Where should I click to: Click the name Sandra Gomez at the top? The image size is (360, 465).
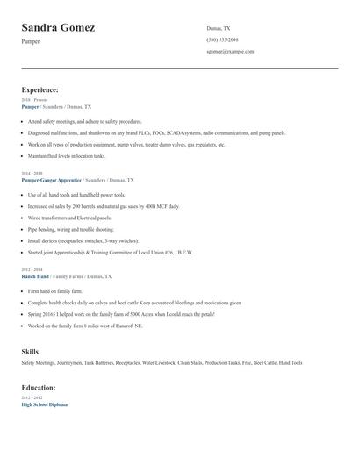[58, 27]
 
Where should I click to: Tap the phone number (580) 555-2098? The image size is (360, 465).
[222, 40]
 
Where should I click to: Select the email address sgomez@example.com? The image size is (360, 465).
[230, 52]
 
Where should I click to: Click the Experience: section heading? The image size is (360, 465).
[40, 89]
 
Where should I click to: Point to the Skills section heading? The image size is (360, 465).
[30, 351]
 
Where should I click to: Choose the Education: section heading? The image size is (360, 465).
[40, 386]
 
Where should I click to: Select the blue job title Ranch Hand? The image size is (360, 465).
[36, 276]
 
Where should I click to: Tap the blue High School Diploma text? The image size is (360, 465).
[44, 404]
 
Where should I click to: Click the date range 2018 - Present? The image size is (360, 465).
[35, 100]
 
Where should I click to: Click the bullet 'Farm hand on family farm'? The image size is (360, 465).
[54, 290]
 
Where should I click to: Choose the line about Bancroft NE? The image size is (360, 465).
[84, 325]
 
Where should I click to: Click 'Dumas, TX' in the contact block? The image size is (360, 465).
[219, 28]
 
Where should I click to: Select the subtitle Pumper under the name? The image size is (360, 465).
[32, 41]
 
